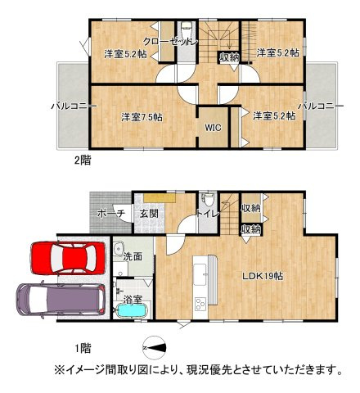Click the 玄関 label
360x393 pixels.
tap(148, 214)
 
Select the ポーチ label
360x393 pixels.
tap(110, 214)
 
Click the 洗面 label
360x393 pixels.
tap(133, 256)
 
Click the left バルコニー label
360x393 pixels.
tap(74, 106)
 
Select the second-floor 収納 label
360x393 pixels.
tap(229, 57)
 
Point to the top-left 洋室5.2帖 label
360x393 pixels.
tap(125, 54)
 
